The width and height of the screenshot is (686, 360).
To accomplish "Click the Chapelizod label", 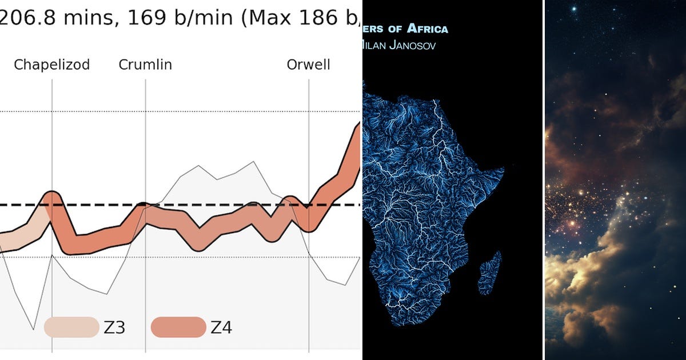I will pyautogui.click(x=51, y=65).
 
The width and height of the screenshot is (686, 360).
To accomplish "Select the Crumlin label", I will pyautogui.click(x=145, y=65).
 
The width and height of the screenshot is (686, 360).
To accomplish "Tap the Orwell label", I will pyautogui.click(x=308, y=65).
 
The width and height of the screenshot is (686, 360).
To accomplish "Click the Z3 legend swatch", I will pyautogui.click(x=71, y=327).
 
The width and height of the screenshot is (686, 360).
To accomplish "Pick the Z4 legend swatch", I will pyautogui.click(x=178, y=327).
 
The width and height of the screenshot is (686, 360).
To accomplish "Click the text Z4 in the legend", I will pyautogui.click(x=221, y=327).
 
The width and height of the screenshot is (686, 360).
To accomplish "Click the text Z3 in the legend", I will pyautogui.click(x=114, y=327).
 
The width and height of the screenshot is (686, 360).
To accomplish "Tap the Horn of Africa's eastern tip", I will pyautogui.click(x=504, y=169).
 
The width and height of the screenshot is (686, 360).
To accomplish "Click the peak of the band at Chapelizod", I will pyautogui.click(x=51, y=194).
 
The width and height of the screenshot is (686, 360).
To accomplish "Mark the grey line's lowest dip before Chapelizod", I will pyautogui.click(x=33, y=329).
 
